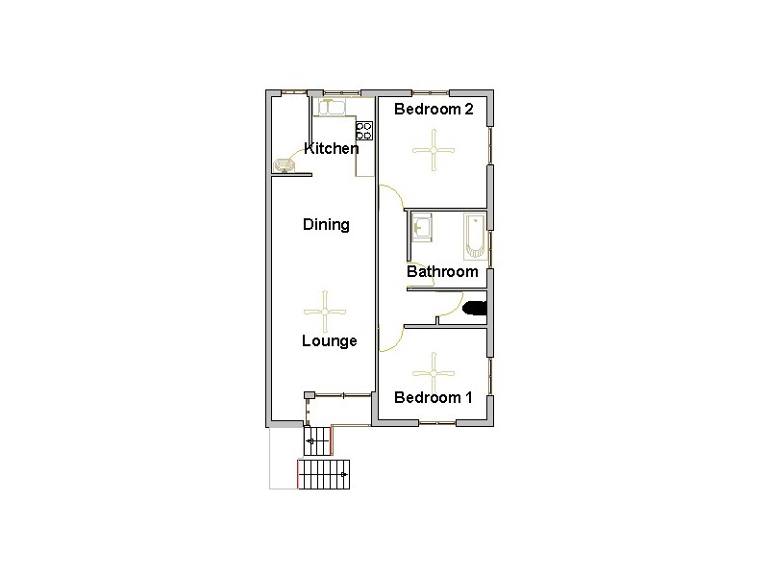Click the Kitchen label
point(331,148)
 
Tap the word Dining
point(326,225)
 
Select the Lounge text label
point(329,340)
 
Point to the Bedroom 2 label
point(434,110)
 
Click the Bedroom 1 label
point(434,397)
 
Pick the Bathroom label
point(442,271)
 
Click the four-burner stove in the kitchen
point(364,130)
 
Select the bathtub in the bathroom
point(475,237)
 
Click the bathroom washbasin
point(422,227)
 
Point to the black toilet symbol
point(475,309)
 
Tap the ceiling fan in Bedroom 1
point(434,368)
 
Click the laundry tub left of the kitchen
point(284,165)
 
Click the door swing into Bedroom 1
point(389,338)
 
